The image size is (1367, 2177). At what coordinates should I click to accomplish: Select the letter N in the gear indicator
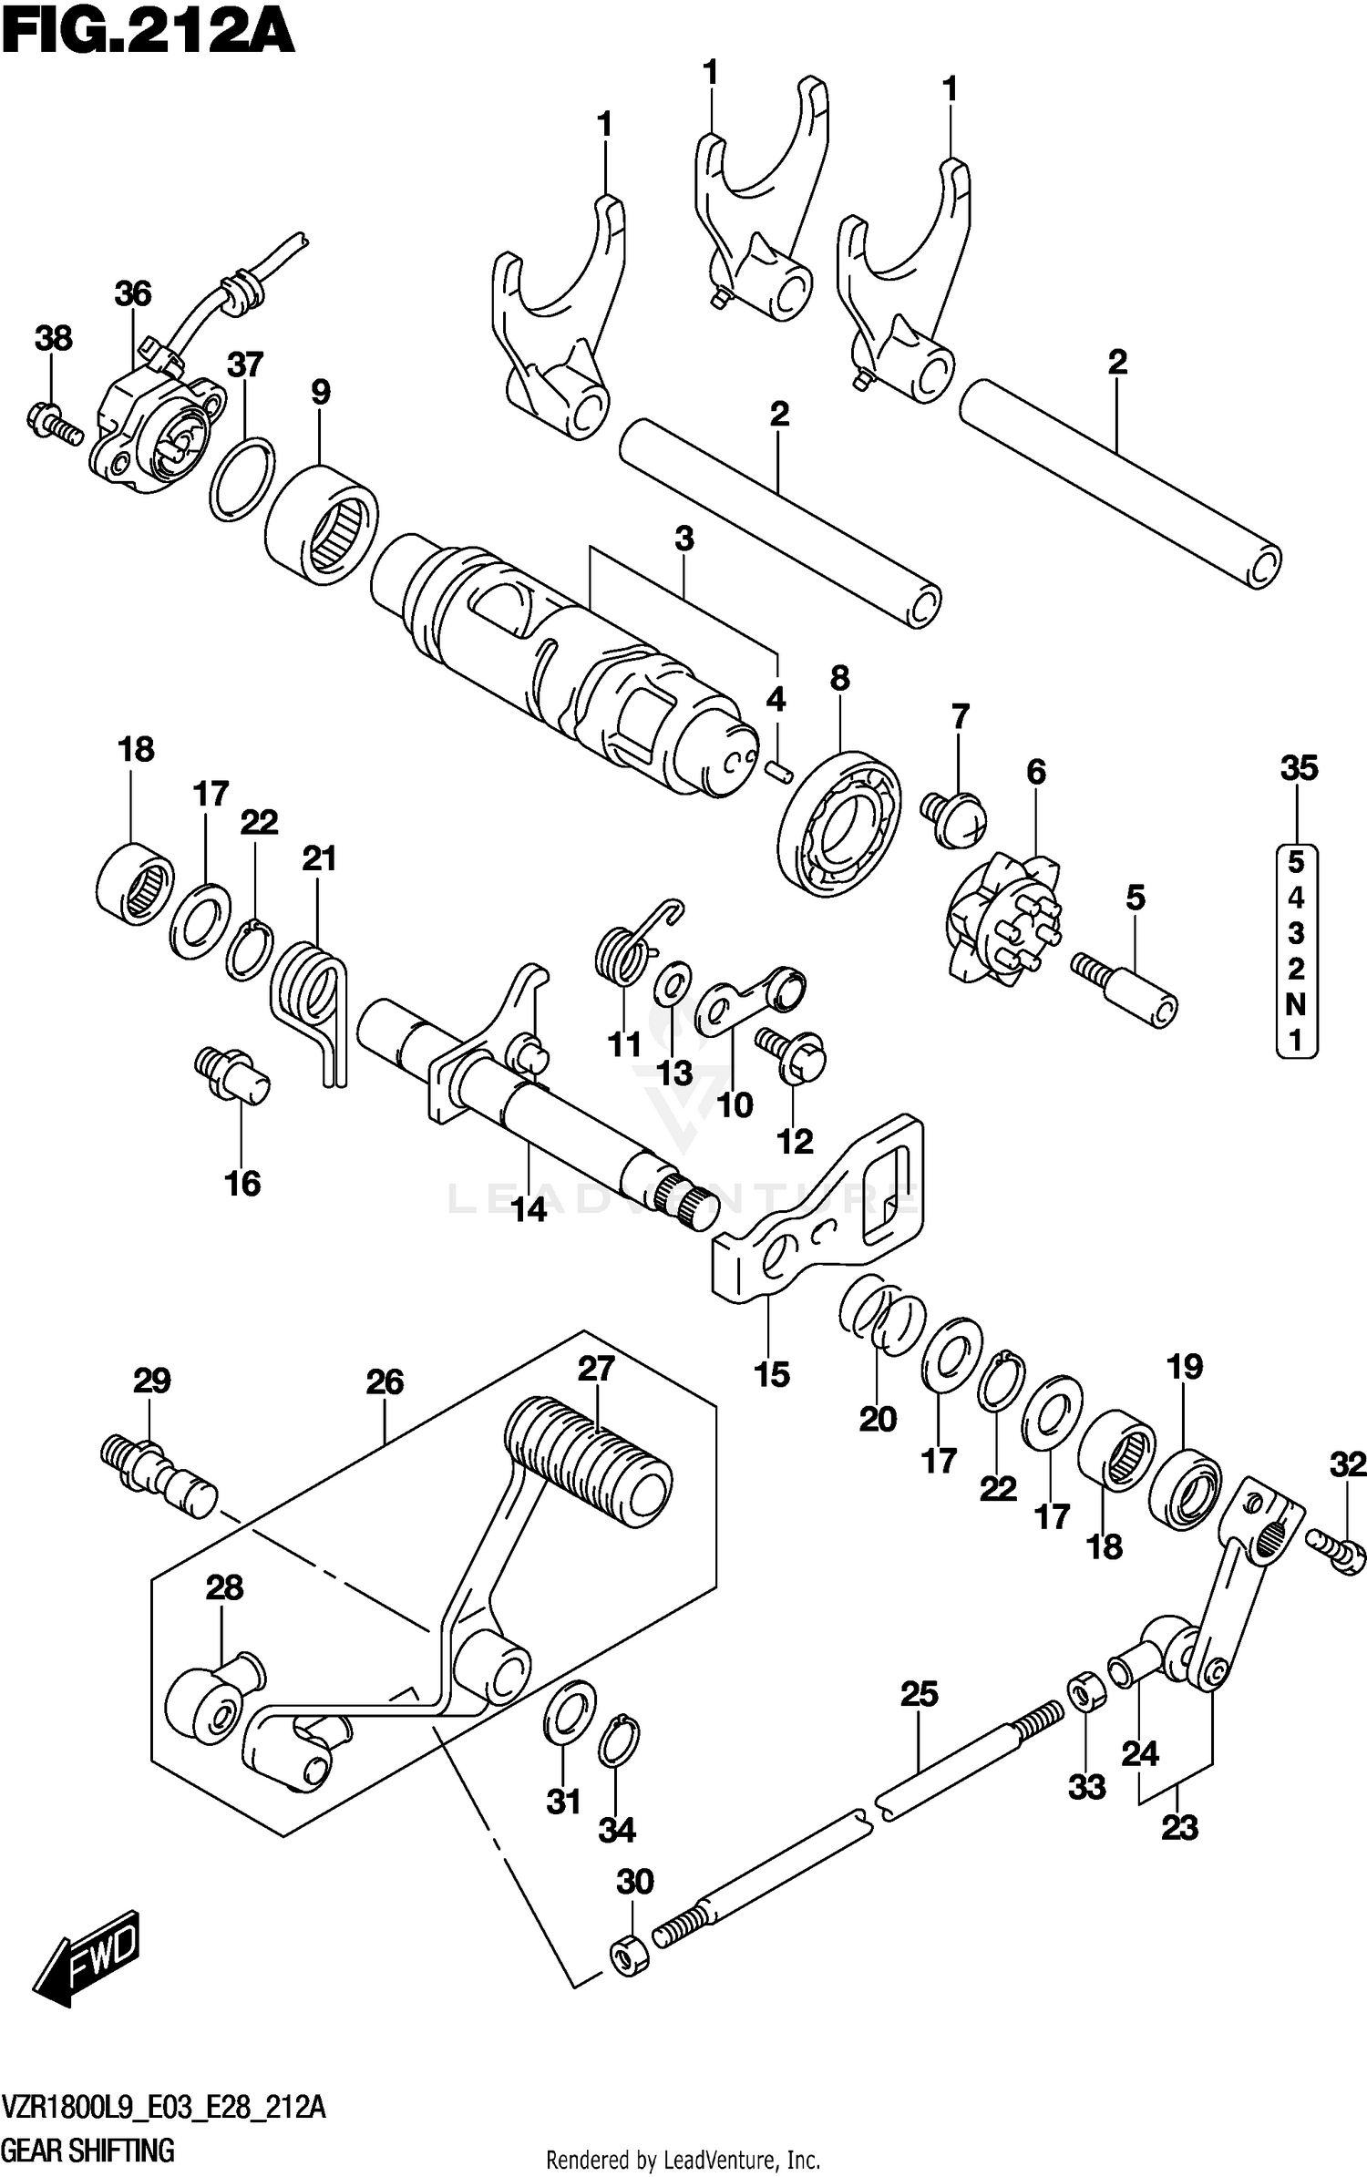click(x=1295, y=1004)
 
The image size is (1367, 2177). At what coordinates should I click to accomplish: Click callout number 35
click(x=1299, y=768)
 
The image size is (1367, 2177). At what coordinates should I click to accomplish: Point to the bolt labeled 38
click(x=54, y=424)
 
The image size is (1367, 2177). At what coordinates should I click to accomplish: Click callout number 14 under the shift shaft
click(x=529, y=1209)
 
